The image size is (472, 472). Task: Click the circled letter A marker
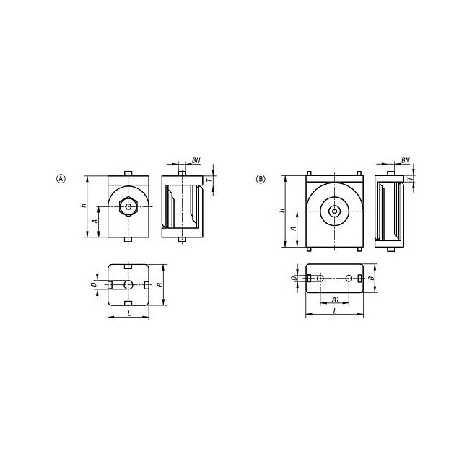(x=61, y=179)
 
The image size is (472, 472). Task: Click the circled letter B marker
(x=261, y=179)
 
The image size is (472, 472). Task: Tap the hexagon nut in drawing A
(x=128, y=206)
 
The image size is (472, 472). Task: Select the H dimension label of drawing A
(x=84, y=205)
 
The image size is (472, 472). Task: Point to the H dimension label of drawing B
(x=281, y=210)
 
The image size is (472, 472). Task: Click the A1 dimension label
(x=336, y=300)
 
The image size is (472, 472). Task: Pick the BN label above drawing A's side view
(x=196, y=160)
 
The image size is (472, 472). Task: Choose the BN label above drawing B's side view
(x=405, y=160)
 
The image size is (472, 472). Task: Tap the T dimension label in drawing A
(x=209, y=180)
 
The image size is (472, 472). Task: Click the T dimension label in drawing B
(x=409, y=179)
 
